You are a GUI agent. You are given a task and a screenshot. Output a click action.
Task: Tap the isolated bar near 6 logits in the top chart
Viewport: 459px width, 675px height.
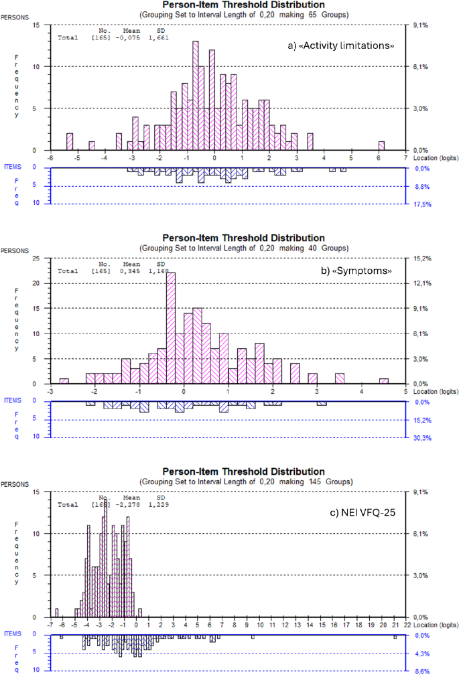(x=381, y=145)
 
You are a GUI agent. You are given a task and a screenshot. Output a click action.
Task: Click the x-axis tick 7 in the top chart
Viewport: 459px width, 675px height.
(x=406, y=157)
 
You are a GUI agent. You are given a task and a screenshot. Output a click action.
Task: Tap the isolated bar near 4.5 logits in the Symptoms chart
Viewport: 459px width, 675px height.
(x=383, y=381)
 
